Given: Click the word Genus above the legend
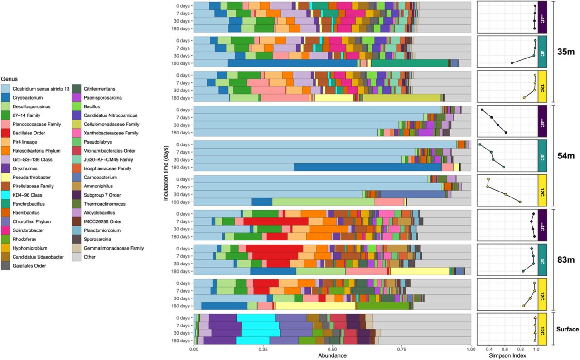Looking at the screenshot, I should pyautogui.click(x=9, y=78).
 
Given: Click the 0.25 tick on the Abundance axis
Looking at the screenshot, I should pyautogui.click(x=263, y=349).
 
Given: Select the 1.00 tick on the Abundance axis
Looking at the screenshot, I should pyautogui.click(x=471, y=349).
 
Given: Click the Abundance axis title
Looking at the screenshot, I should pyautogui.click(x=333, y=355).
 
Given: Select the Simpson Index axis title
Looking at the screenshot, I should pyautogui.click(x=507, y=355).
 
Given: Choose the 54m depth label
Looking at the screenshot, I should pyautogui.click(x=566, y=156).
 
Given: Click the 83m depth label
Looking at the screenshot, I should pyautogui.click(x=566, y=259).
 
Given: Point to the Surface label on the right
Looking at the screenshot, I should pyautogui.click(x=567, y=329).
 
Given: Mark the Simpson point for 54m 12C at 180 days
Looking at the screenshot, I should pyautogui.click(x=520, y=202).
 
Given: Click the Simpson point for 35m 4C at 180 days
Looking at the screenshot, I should pyautogui.click(x=512, y=63).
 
